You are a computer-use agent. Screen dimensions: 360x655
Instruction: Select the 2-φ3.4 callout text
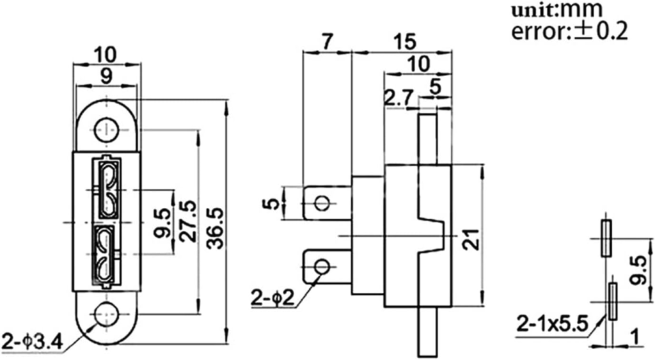tap(31, 340)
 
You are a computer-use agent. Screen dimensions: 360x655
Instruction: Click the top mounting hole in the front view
tap(105, 130)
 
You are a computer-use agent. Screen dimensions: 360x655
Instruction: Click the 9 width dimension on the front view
tap(106, 75)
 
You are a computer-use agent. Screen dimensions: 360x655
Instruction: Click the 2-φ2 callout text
tap(273, 298)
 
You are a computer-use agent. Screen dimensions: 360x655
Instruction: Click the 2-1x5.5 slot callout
tap(554, 325)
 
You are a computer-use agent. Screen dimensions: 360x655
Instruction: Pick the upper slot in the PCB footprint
tap(605, 238)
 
